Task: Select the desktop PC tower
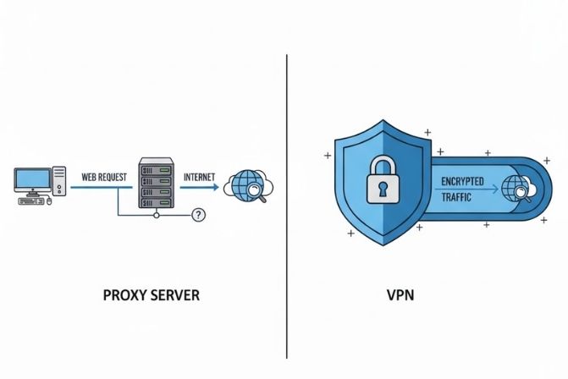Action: coord(60,182)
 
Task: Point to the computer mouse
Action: coord(49,201)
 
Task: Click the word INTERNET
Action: coord(199,178)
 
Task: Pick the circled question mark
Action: coord(199,215)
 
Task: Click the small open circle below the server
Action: coord(156,215)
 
